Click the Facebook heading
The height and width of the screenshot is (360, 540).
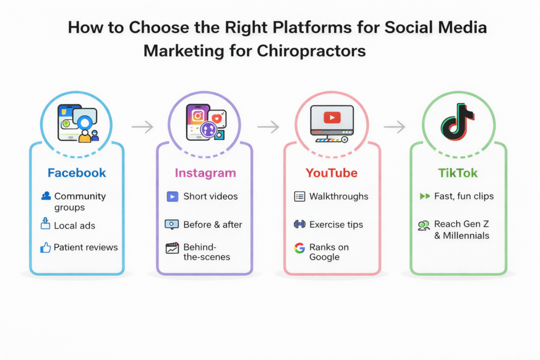[x=76, y=173]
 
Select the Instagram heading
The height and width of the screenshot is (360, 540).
[x=205, y=173]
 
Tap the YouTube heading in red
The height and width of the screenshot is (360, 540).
[x=331, y=173]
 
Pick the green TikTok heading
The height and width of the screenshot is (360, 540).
[x=458, y=173]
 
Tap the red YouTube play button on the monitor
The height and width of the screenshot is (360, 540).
[x=332, y=118]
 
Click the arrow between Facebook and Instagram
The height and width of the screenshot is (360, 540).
[x=141, y=127]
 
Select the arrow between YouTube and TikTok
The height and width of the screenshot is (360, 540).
[x=394, y=127]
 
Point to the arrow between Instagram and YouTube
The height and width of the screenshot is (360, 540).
[x=268, y=127]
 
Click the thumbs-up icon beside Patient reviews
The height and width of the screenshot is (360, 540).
[x=45, y=247]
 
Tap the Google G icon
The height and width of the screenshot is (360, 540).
[x=300, y=248]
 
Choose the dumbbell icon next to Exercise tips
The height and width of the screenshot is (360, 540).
[x=300, y=224]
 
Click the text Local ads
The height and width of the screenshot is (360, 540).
[x=74, y=226]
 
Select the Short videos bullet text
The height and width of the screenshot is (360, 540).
[x=210, y=197]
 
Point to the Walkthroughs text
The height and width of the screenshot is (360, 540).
[x=339, y=197]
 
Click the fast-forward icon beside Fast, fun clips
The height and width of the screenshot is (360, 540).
[x=425, y=197]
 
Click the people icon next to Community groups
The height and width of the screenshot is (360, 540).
[x=46, y=196]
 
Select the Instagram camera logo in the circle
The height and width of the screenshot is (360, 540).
[x=198, y=116]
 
